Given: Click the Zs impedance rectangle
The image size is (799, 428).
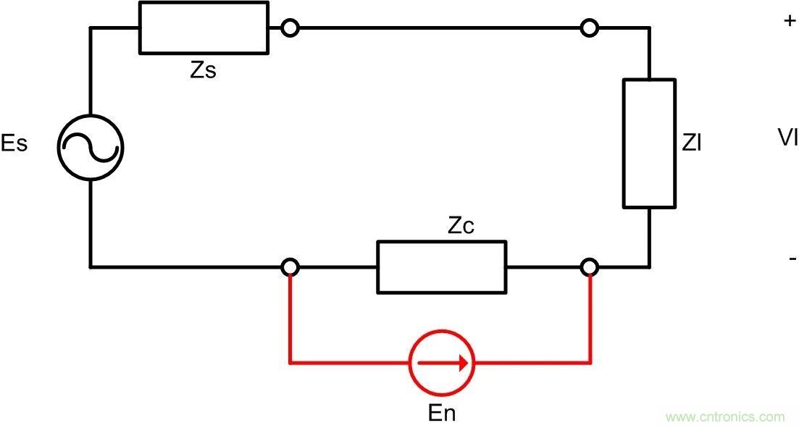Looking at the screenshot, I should click(204, 28).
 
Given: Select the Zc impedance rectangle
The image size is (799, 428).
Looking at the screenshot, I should click(441, 267).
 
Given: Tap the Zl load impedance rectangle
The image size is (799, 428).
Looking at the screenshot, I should click(649, 143).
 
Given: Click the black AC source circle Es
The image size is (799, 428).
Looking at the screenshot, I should click(91, 147).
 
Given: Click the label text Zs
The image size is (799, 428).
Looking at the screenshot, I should click(204, 71).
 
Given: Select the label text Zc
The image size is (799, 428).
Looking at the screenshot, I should click(461, 226).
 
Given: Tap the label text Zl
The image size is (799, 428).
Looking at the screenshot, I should click(692, 143).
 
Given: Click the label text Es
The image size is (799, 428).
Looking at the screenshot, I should click(14, 143).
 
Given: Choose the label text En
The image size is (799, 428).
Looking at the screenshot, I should click(442, 414).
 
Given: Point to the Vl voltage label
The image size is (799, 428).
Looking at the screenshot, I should click(787, 138).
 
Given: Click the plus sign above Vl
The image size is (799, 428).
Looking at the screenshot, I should click(790, 21).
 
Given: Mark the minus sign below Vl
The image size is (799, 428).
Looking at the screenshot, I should click(792, 259).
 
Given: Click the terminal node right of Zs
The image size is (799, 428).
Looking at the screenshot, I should click(290, 28).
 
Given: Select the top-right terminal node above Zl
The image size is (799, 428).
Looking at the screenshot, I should click(590, 28).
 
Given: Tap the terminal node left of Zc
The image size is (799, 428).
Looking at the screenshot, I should click(290, 267).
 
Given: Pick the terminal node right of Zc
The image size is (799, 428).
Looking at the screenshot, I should click(590, 267).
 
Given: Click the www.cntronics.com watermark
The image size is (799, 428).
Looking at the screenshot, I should click(724, 417).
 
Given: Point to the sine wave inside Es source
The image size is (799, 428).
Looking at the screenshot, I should click(91, 148).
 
